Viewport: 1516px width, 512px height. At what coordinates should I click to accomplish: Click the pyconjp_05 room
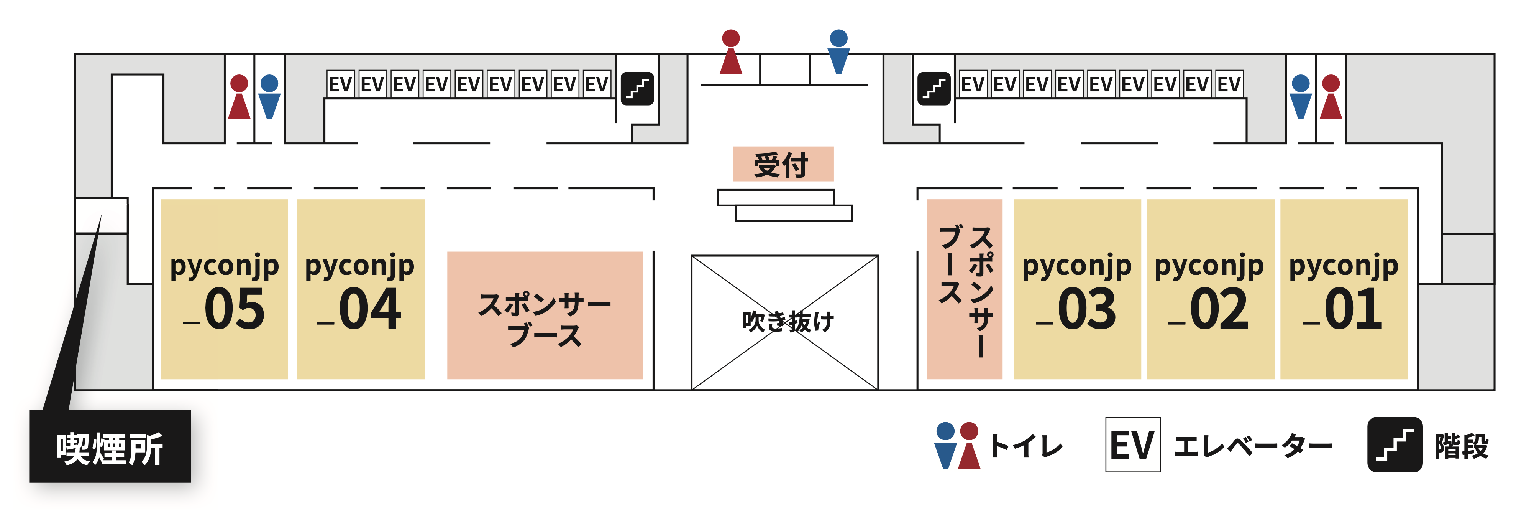[224, 289]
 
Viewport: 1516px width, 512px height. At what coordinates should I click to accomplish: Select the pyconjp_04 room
[360, 289]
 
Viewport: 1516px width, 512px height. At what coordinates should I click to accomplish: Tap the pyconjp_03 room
[1077, 289]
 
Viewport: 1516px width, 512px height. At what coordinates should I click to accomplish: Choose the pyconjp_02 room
[1210, 289]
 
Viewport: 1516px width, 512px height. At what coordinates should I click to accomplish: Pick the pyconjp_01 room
[1344, 289]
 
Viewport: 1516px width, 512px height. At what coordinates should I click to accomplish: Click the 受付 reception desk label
[783, 164]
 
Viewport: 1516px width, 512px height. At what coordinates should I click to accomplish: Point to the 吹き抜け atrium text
[788, 322]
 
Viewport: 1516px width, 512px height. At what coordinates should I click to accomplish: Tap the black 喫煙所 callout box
[110, 447]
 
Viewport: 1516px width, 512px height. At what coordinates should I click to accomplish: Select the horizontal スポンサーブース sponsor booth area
[545, 315]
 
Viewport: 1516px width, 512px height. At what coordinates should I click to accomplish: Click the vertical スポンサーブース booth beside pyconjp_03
[964, 289]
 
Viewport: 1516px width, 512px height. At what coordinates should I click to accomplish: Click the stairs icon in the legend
[1394, 444]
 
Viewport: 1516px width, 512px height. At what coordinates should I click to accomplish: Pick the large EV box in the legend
[1132, 444]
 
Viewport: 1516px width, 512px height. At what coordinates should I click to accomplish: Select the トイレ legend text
[1026, 446]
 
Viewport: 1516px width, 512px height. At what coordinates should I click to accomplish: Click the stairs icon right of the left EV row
[637, 88]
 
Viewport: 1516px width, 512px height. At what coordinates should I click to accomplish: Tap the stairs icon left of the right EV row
[934, 88]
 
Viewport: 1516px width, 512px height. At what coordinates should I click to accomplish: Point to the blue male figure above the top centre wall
[838, 52]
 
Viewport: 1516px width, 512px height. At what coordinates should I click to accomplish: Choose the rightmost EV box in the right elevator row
[1229, 84]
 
